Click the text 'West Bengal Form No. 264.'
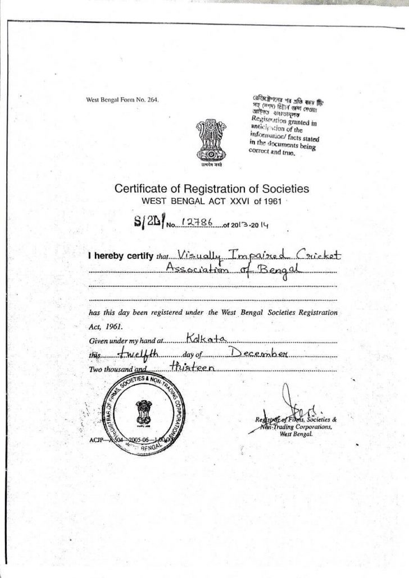click(122, 100)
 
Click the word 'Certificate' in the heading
click(142, 189)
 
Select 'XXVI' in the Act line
click(245, 200)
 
